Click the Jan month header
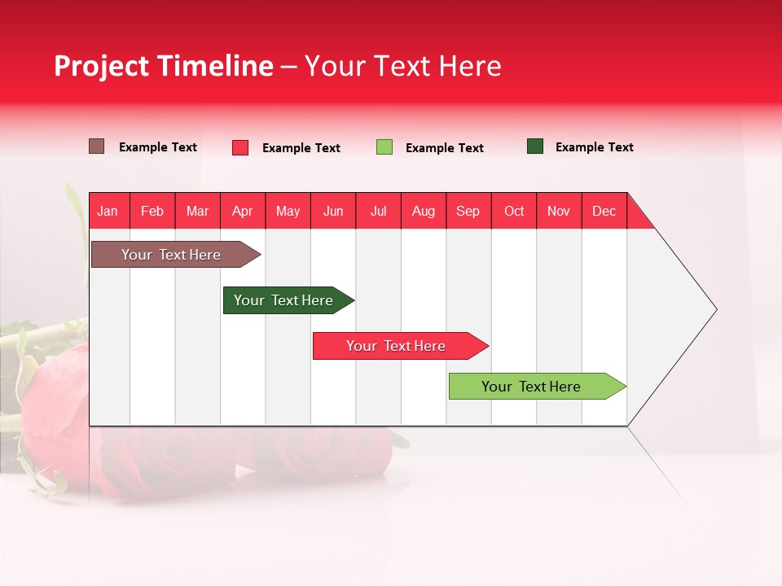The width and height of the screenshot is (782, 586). coord(108,211)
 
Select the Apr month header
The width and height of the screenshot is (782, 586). coord(242,211)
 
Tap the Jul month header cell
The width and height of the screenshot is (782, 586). coord(378,211)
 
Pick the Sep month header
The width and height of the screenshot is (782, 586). coord(468,211)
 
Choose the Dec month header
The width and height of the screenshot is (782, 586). coord(604,211)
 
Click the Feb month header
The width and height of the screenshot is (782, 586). coord(152,211)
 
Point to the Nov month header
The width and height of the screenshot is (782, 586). coord(559,211)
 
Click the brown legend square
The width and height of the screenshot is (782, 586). coord(97,146)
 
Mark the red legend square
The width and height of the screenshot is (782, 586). coord(240,147)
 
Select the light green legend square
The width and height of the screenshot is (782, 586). coord(384,147)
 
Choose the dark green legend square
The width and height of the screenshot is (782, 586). coord(535,146)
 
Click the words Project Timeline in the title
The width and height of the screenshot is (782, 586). coord(164,66)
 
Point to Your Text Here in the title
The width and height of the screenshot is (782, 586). coord(402,66)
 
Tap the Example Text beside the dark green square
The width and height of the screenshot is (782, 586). coord(594,147)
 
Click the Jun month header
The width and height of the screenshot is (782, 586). coord(333,211)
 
